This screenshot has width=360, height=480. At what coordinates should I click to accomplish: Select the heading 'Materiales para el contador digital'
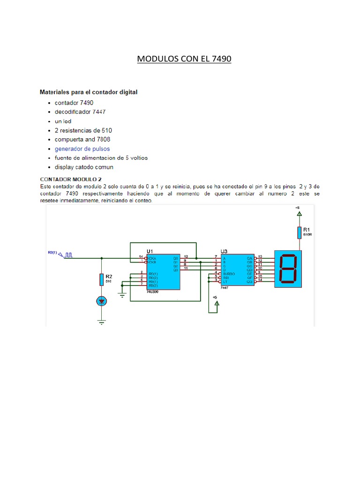[x=89, y=92]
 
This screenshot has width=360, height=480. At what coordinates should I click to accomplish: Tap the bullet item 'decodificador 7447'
[x=80, y=112]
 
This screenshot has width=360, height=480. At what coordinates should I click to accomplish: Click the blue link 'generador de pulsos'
[x=82, y=149]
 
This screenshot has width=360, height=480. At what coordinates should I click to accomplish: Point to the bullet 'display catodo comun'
[x=84, y=167]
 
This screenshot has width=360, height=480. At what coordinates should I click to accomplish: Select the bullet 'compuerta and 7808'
[x=82, y=140]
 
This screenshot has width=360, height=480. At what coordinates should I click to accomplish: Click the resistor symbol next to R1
[x=299, y=232]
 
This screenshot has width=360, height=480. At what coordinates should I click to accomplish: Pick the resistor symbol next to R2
[x=101, y=280]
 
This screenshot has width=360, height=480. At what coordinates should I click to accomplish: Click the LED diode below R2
[x=101, y=301]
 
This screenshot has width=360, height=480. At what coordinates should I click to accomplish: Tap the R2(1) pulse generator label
[x=52, y=253]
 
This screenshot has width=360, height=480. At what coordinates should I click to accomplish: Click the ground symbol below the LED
[x=101, y=322]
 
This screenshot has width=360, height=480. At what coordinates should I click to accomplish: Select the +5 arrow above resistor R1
[x=299, y=213]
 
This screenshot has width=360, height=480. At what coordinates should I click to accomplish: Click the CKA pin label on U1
[x=152, y=257]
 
